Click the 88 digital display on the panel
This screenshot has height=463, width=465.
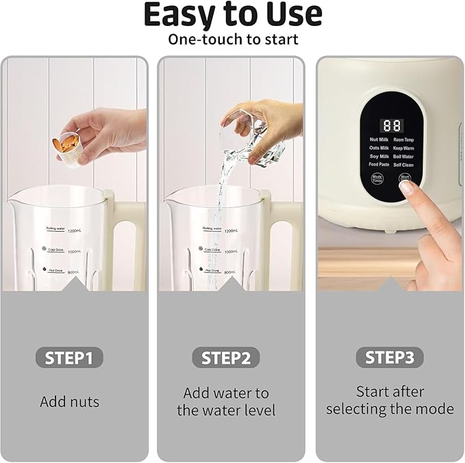click(x=392, y=126)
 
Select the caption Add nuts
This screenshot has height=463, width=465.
click(x=69, y=401)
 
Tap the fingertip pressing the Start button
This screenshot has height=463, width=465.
click(x=406, y=187)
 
